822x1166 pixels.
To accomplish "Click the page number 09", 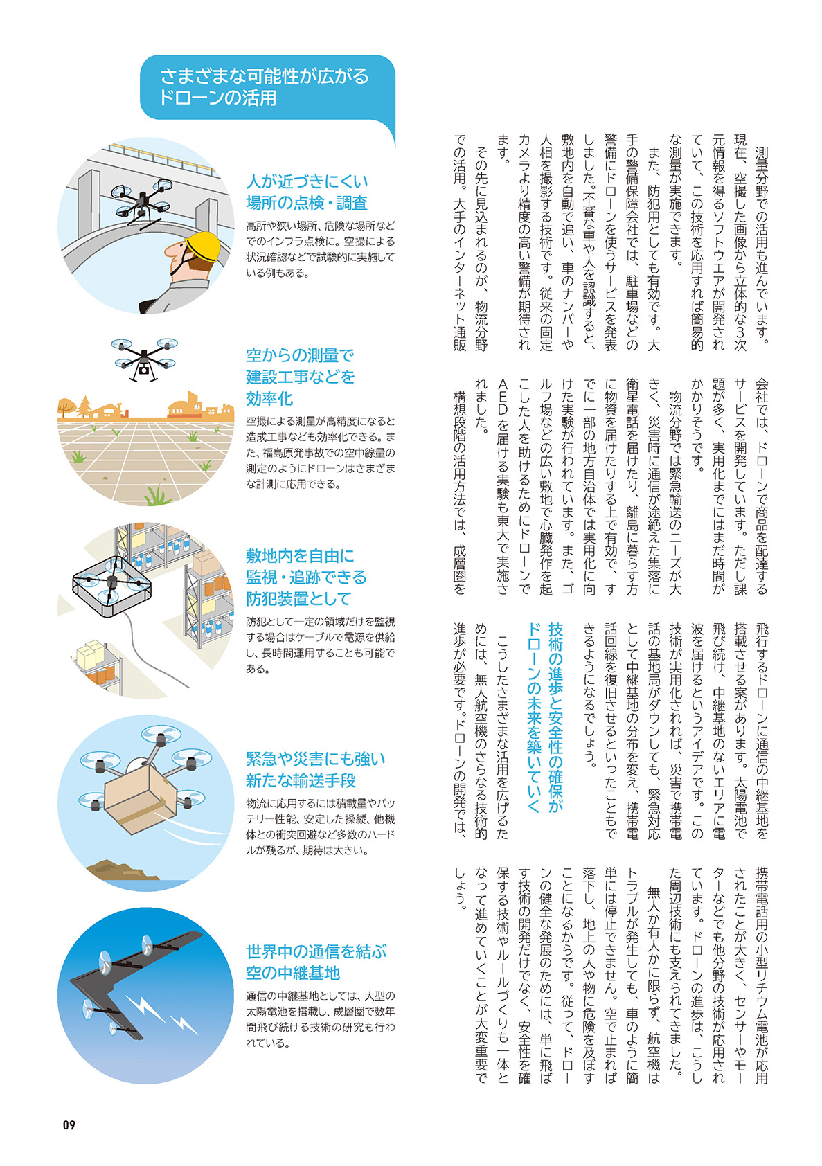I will (69, 1124).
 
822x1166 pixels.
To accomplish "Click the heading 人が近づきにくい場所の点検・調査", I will (307, 192).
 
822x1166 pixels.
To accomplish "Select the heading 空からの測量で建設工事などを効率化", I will (300, 377).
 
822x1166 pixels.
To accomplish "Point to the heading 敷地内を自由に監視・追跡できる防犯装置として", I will (306, 577).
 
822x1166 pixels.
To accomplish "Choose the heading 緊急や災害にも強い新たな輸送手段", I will (315, 769).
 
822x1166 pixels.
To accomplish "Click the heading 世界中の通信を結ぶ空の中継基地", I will (315, 962).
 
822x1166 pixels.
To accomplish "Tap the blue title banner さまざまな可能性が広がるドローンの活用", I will (267, 87).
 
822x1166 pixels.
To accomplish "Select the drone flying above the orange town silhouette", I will (144, 357).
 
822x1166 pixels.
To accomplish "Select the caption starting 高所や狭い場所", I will (320, 249).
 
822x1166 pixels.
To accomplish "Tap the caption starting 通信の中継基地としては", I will (320, 1019).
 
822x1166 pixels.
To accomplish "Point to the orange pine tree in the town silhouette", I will (84, 406).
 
